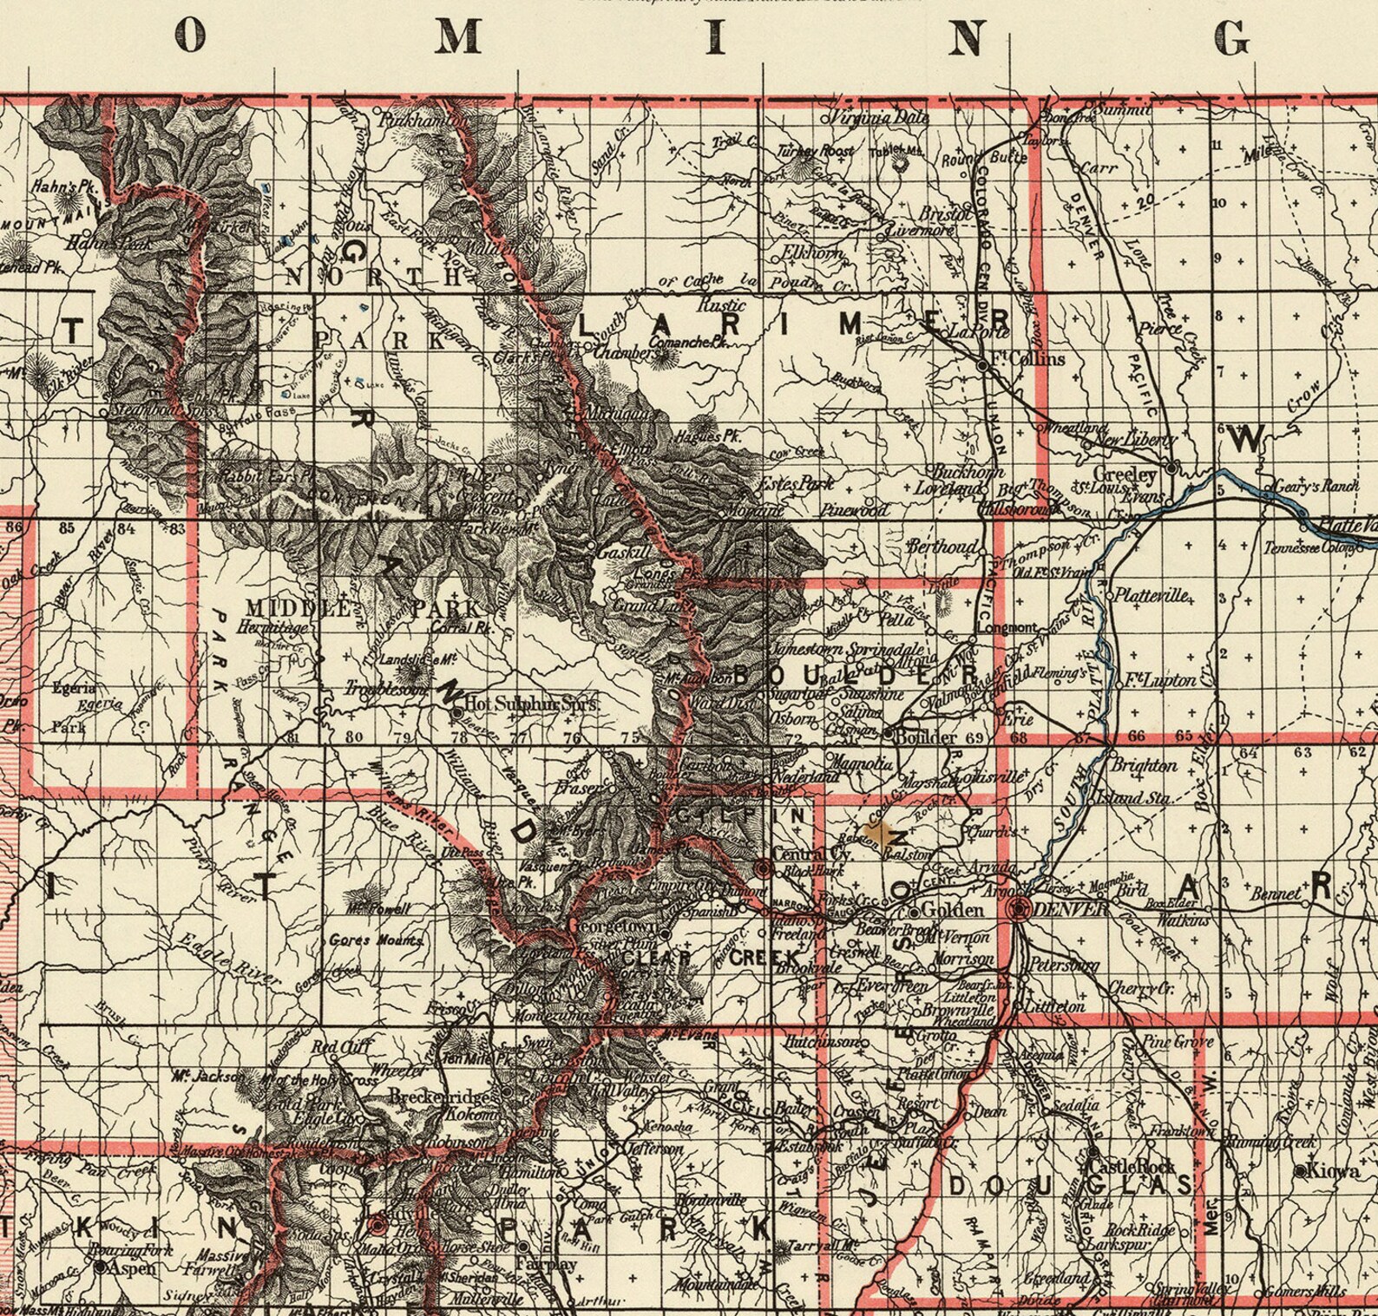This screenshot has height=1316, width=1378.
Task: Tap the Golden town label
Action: [953, 910]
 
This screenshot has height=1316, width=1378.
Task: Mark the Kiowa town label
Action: [1335, 1171]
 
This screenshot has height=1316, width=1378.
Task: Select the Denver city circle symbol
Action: [1019, 908]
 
